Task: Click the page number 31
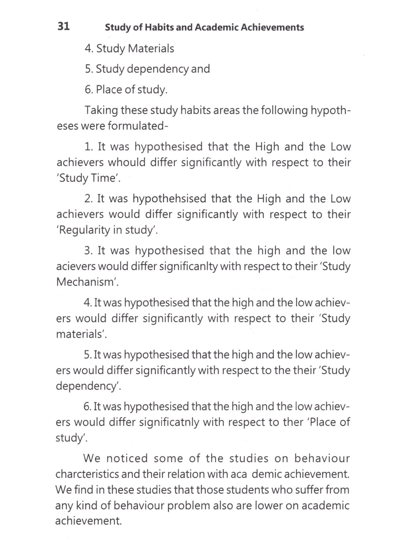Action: point(64,26)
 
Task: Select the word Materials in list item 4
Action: point(151,49)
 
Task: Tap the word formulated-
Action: point(138,126)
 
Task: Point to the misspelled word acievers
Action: point(76,266)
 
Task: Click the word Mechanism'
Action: point(87,282)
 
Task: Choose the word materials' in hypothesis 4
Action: point(81,334)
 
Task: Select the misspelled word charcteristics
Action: point(87,474)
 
